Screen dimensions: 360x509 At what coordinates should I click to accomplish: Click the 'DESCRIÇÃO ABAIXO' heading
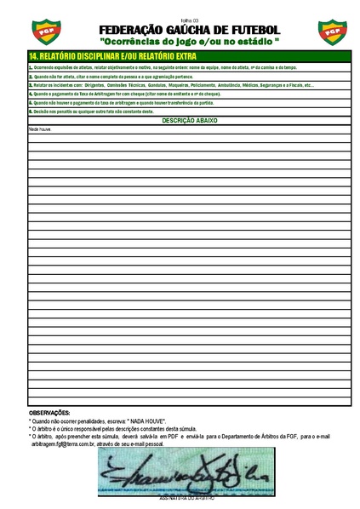coord(190,121)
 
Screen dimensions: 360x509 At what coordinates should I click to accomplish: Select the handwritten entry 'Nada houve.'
coord(41,129)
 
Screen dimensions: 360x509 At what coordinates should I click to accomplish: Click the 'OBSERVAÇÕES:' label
coord(49,413)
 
